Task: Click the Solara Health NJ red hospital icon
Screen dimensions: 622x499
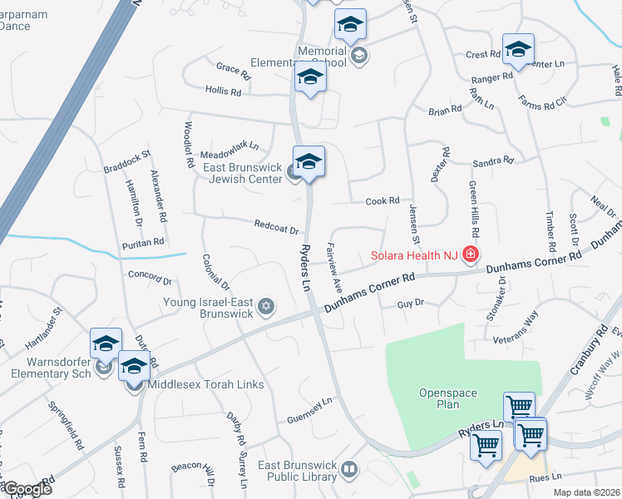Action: click(x=471, y=254)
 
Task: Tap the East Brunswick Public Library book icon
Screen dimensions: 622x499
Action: click(x=350, y=471)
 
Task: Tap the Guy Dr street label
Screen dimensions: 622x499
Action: click(x=411, y=304)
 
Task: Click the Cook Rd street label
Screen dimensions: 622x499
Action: click(x=383, y=200)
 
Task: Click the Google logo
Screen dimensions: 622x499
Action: click(x=27, y=489)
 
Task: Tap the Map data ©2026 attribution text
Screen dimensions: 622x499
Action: click(x=586, y=492)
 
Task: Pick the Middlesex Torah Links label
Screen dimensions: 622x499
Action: click(x=205, y=384)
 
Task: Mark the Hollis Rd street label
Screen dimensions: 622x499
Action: click(x=224, y=91)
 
